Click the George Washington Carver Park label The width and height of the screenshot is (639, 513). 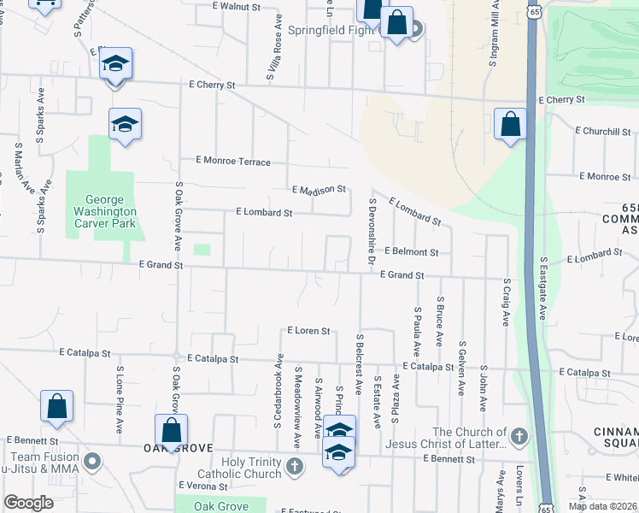coord(102,211)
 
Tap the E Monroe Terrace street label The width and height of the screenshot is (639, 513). coord(233,161)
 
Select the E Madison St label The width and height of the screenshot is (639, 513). coord(319,189)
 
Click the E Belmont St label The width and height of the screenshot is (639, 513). coord(411,252)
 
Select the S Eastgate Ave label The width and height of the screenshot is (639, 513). coord(542,286)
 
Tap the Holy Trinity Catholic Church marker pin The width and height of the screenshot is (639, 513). coord(295,466)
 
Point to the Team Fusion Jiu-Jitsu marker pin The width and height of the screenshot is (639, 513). coord(93,463)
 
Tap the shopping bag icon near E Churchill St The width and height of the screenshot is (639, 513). coord(510,124)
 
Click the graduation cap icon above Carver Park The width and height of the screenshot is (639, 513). coord(125,125)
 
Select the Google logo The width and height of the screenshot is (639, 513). coord(28,503)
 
